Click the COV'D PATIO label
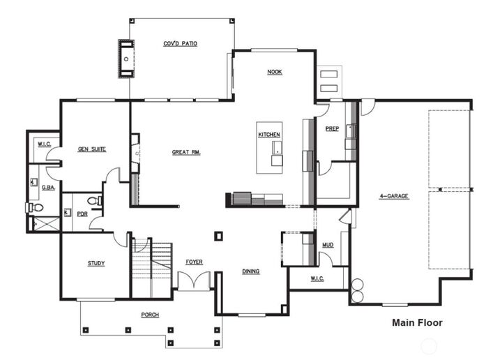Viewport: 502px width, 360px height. pos(180,43)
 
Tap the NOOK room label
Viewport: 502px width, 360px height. pos(274,72)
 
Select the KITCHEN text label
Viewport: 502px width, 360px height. pos(269,134)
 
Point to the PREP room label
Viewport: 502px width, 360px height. pos(333,128)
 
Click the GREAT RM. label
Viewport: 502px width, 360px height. pos(186,152)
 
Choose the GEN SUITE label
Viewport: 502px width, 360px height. pos(91,149)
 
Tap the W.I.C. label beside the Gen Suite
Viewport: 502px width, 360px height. pos(43,144)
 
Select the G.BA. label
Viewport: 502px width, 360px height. pos(48,187)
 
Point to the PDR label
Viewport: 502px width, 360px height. pos(82,214)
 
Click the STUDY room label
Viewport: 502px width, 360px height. pos(96,263)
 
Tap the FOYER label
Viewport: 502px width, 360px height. pos(194,262)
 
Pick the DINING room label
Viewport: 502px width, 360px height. pos(251,271)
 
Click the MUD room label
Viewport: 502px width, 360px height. pos(327,245)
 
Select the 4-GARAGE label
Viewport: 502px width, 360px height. pos(394,196)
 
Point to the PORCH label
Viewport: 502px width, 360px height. pos(149,315)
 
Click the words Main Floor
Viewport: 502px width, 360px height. pos(417,322)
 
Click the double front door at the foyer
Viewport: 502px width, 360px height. pos(193,281)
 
